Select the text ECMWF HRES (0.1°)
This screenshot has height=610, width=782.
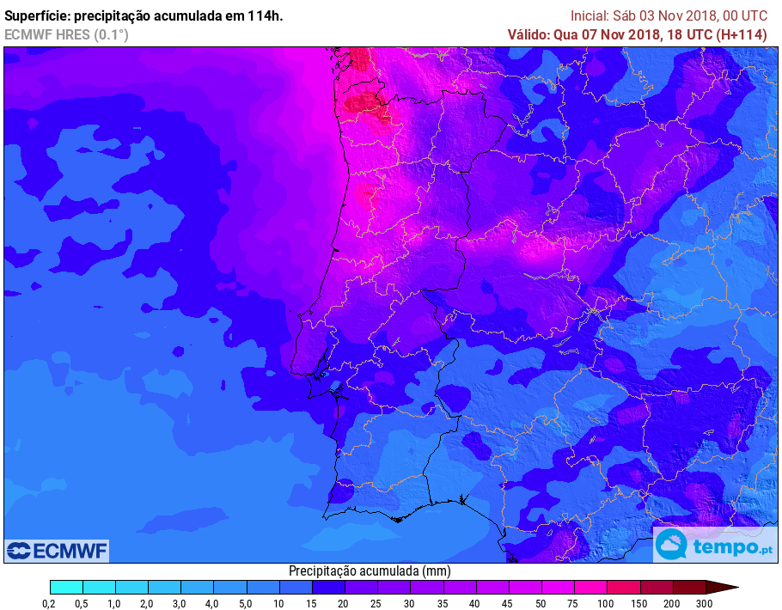click(x=66, y=34)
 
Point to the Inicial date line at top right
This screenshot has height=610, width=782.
click(x=669, y=16)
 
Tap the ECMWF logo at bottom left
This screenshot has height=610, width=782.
click(x=57, y=550)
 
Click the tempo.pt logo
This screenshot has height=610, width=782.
click(x=712, y=546)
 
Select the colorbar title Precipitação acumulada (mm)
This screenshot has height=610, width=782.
click(x=370, y=571)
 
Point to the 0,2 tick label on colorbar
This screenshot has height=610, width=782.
click(x=49, y=604)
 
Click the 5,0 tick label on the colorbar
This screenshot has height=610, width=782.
click(x=244, y=604)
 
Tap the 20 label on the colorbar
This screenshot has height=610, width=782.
click(x=343, y=604)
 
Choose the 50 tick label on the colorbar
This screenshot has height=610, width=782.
click(x=540, y=604)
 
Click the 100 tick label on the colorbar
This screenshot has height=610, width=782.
click(x=606, y=604)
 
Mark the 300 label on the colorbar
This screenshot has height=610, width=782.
click(x=705, y=604)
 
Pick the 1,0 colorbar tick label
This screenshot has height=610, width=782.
click(x=114, y=604)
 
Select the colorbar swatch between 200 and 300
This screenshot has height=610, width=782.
click(x=688, y=588)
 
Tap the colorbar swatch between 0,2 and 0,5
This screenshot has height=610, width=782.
click(x=66, y=588)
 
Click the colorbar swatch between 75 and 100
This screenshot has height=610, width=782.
click(x=590, y=588)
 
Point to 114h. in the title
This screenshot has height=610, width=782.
click(x=264, y=16)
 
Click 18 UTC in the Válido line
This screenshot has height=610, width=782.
click(x=681, y=34)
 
